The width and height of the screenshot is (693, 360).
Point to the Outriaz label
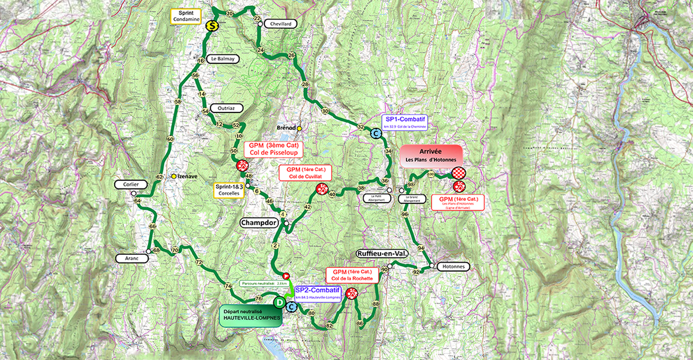click(x=226, y=108)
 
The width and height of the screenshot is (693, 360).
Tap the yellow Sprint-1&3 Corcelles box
click(x=228, y=190)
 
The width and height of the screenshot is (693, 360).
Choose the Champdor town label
click(x=258, y=223)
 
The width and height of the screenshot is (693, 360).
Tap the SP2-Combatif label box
click(x=318, y=293)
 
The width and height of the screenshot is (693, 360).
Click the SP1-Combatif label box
click(x=404, y=122)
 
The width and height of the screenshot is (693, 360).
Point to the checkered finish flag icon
click(x=459, y=173)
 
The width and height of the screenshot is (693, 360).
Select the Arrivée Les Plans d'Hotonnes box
click(x=431, y=156)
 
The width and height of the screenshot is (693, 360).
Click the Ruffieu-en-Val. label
click(x=383, y=254)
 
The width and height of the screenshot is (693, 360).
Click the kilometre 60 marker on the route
click(x=170, y=139)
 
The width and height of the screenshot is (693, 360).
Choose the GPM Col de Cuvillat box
click(x=305, y=173)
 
